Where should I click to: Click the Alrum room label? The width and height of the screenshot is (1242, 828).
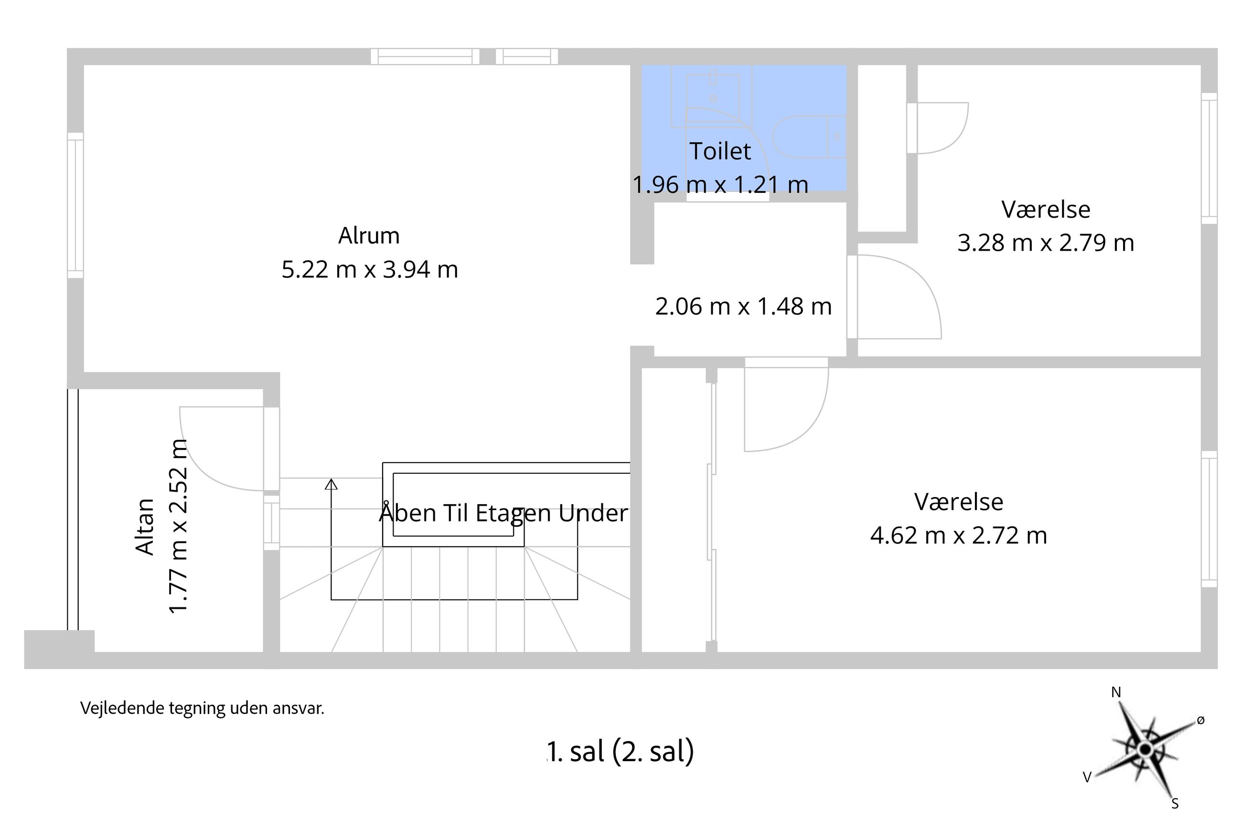point(369,235)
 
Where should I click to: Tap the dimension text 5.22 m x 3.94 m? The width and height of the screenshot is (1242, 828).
point(370,269)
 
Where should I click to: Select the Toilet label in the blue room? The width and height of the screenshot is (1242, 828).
point(720,151)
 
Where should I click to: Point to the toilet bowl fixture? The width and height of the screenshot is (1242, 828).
point(809,137)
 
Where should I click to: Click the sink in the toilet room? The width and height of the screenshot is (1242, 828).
point(712,98)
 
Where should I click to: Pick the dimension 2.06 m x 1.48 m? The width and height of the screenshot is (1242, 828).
point(743,306)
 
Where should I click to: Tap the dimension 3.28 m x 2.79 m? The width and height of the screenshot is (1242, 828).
point(1046,243)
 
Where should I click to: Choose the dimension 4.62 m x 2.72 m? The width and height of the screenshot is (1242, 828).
point(959,535)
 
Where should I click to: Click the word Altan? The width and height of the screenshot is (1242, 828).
point(145,527)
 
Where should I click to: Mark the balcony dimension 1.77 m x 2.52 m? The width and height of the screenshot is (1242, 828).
point(179,526)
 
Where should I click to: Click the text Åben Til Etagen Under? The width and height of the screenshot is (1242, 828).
point(503,513)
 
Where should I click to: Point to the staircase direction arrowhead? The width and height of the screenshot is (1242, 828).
point(331,484)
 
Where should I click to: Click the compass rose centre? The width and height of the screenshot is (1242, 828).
point(1145,749)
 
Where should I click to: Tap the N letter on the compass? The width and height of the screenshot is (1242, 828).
point(1116,692)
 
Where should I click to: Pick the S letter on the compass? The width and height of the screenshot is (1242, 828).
point(1176,804)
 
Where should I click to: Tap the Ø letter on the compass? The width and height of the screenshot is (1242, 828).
point(1201,720)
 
